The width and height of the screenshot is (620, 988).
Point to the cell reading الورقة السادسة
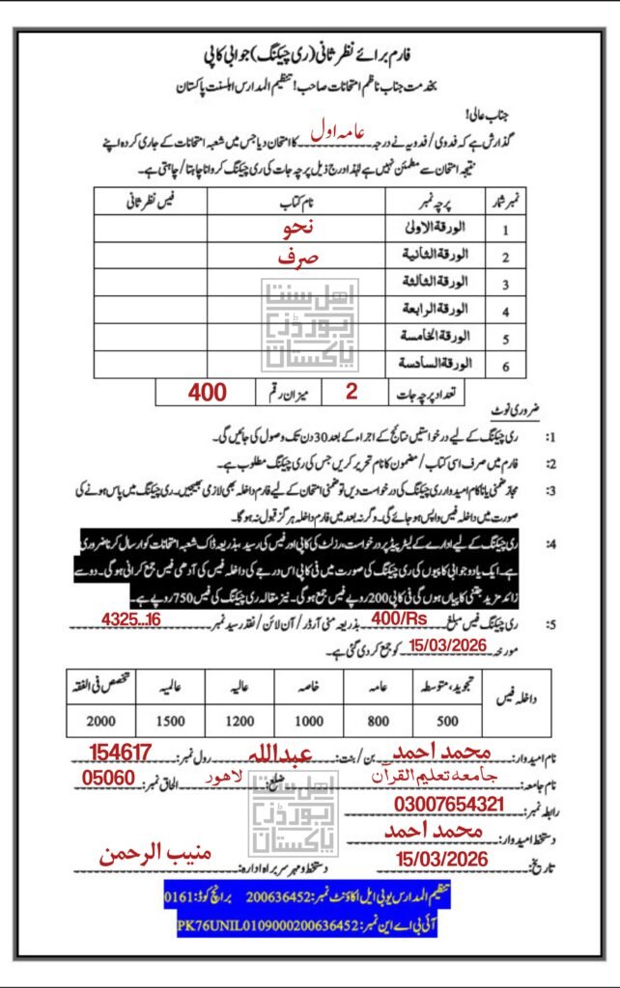point(439,365)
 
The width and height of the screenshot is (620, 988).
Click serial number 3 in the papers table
point(505,285)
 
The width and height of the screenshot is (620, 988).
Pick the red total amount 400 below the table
point(207,392)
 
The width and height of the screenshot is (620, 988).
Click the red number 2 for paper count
point(350,392)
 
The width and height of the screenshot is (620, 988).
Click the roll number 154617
point(122,752)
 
